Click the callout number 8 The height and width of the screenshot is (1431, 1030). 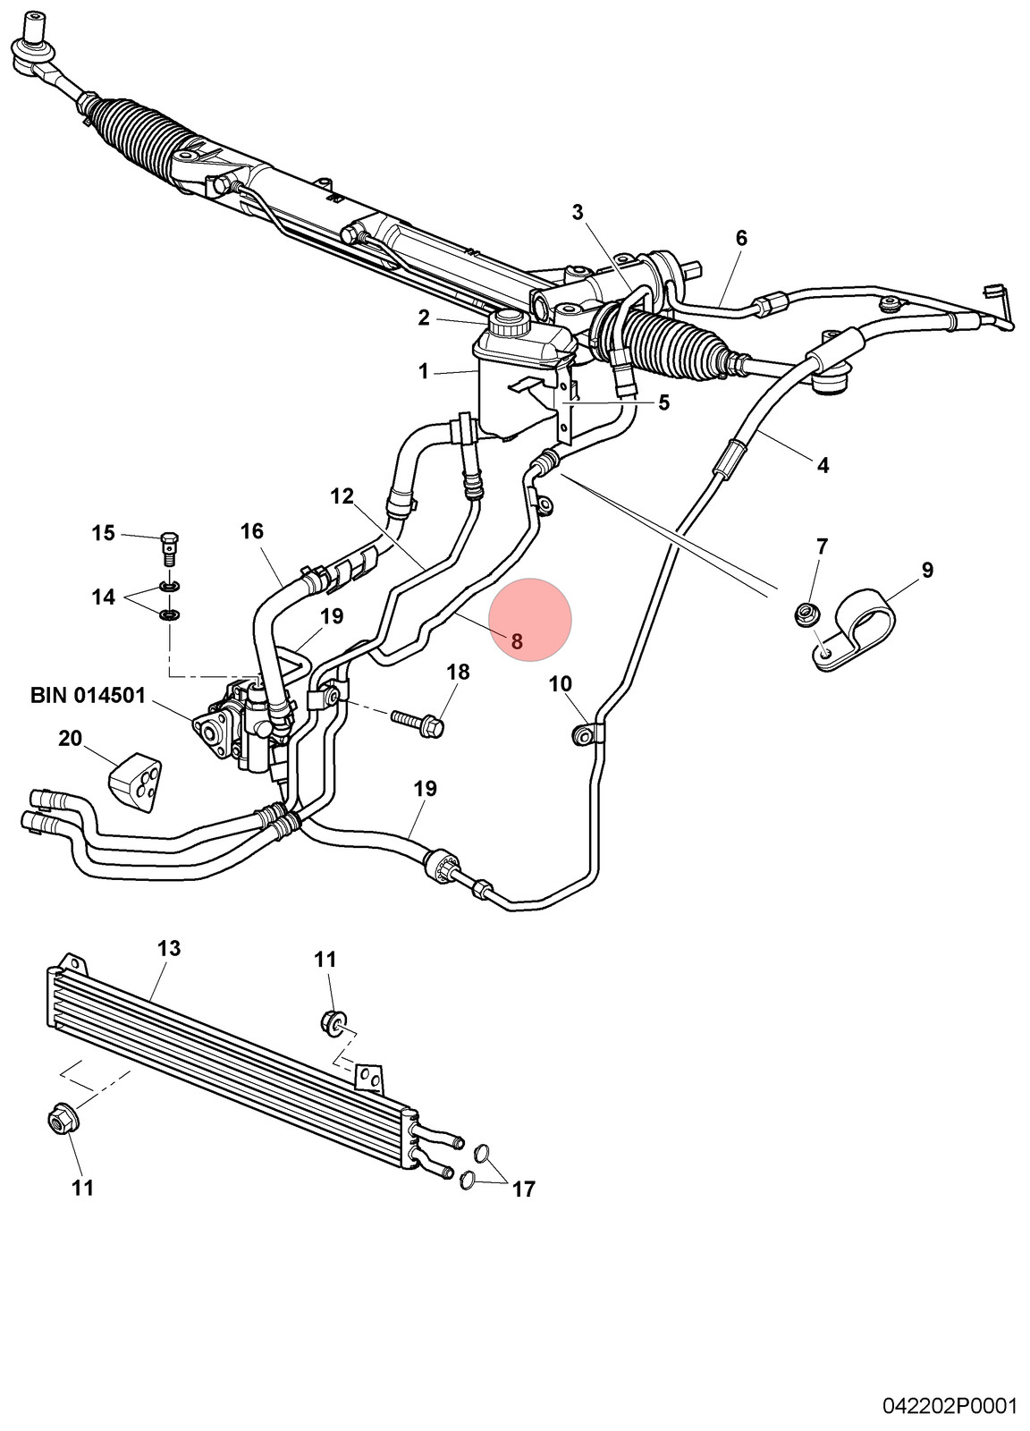(x=517, y=640)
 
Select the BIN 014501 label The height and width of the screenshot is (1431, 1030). (x=89, y=695)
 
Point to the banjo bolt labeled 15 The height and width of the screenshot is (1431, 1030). (x=169, y=547)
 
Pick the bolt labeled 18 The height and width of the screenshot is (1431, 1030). (x=418, y=723)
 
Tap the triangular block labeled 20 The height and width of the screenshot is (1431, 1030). (x=135, y=783)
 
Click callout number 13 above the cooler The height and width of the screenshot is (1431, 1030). (x=169, y=948)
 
